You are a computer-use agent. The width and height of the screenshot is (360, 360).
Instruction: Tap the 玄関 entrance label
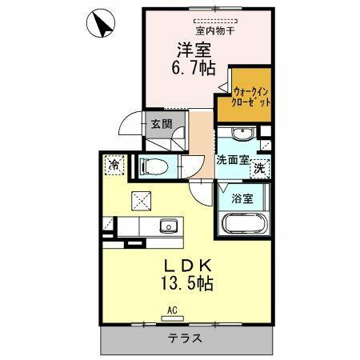[x=158, y=124]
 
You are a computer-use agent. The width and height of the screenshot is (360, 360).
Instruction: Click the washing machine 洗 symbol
[x=260, y=168]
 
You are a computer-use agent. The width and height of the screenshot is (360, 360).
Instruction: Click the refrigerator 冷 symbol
[x=113, y=164]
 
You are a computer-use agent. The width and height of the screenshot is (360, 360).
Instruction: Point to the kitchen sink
[x=167, y=225]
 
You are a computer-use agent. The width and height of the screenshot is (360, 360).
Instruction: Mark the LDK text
[x=190, y=265]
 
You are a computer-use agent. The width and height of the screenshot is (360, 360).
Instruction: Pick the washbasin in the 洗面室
[x=246, y=133]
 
